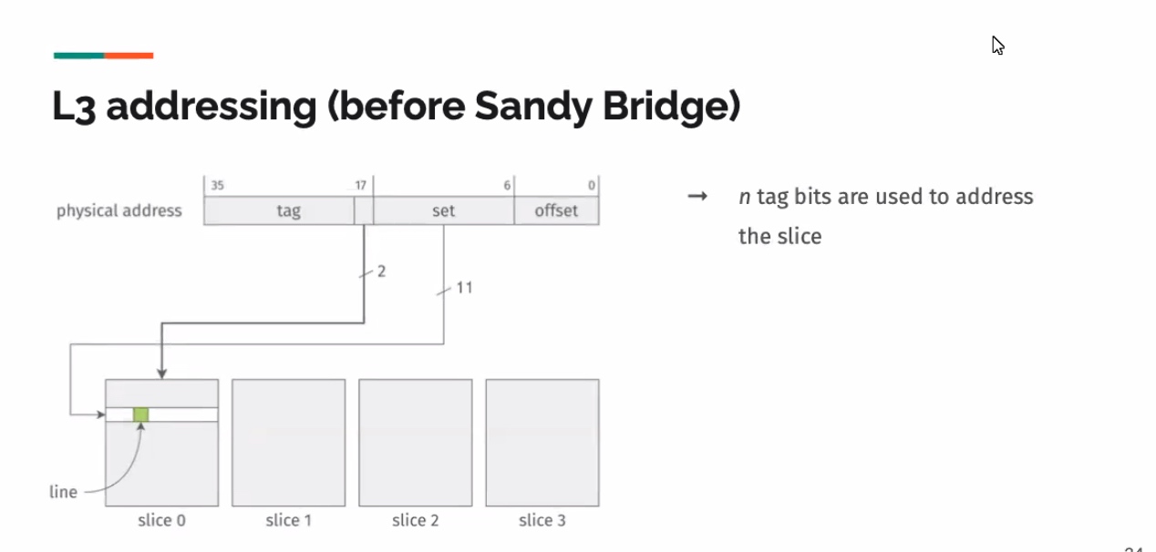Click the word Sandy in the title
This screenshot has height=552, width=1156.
click(533, 107)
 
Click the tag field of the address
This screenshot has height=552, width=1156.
click(279, 210)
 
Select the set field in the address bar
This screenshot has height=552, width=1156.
click(443, 210)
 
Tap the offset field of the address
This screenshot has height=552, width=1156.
click(556, 210)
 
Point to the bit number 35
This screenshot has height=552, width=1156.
click(217, 186)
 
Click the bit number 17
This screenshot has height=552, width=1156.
click(360, 186)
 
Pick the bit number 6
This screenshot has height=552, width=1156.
click(507, 186)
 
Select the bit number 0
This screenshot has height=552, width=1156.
click(592, 186)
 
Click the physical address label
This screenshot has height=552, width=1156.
click(119, 210)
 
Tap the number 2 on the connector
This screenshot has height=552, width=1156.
click(381, 271)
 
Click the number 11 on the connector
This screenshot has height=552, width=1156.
click(464, 288)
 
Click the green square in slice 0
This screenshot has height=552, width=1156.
click(141, 414)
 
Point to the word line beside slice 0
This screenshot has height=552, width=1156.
click(63, 492)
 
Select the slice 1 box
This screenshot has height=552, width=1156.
click(288, 443)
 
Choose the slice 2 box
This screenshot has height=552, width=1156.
click(416, 443)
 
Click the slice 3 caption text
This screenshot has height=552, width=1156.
click(542, 520)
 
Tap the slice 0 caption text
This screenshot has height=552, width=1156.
click(161, 520)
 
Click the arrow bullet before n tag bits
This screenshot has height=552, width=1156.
click(697, 196)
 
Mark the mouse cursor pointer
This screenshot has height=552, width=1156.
click(998, 46)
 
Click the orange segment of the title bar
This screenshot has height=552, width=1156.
click(129, 56)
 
